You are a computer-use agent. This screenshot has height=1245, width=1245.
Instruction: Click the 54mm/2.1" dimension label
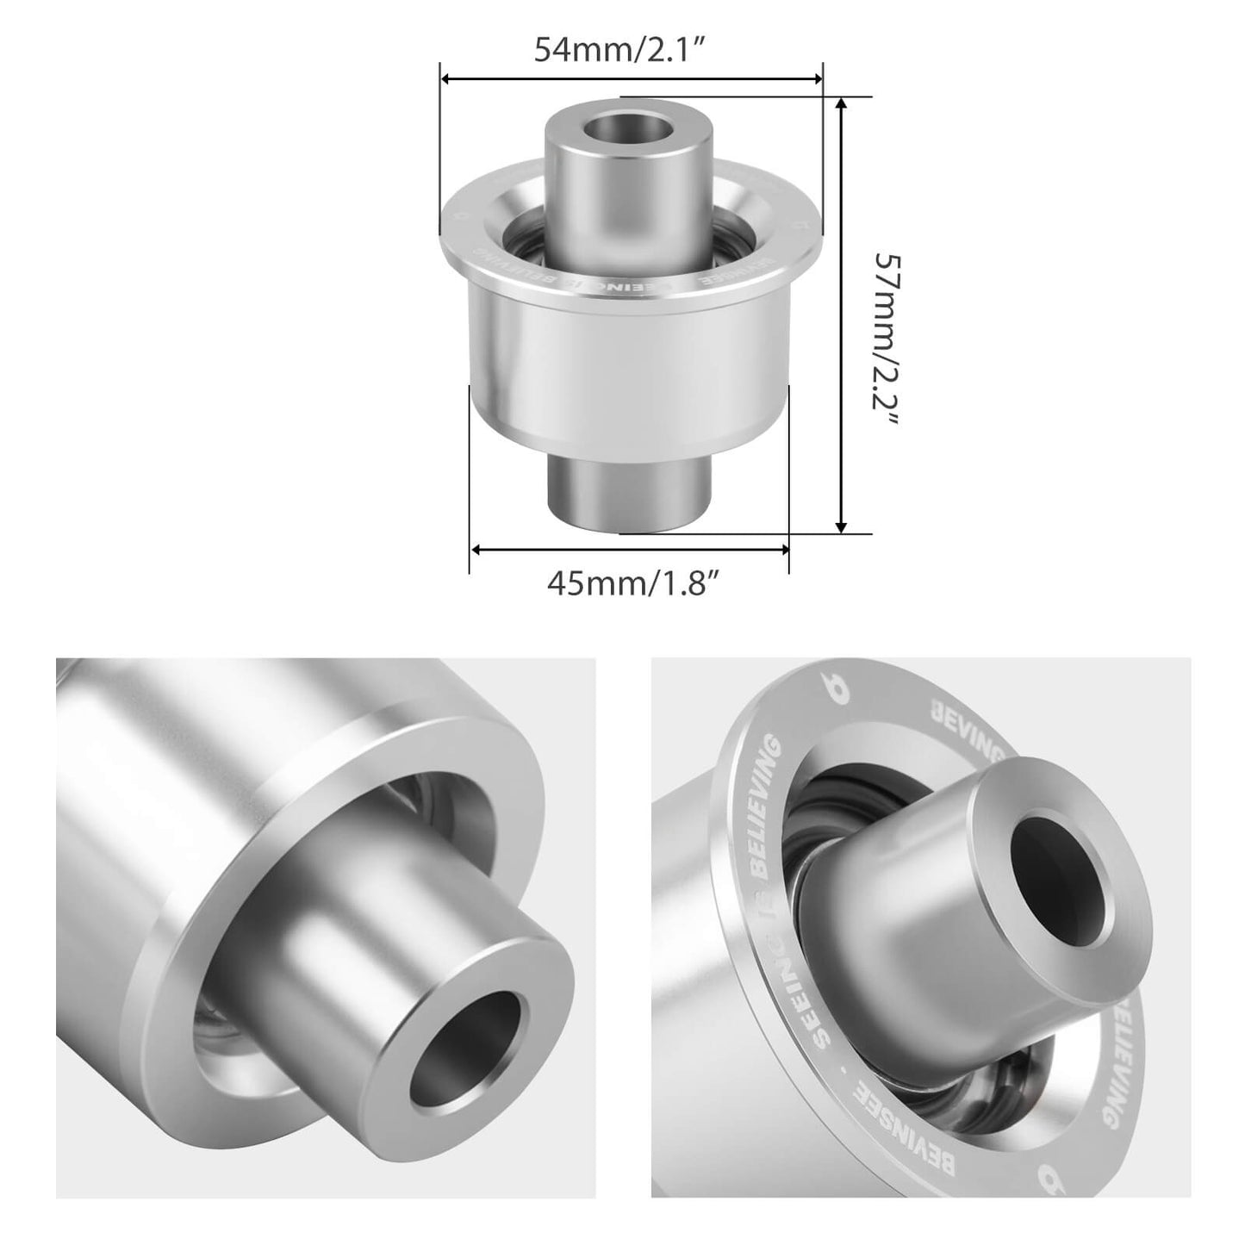620,50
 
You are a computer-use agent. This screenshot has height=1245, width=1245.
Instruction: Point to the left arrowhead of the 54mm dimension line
446,79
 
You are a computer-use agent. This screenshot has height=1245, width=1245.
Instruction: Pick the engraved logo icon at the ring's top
829,689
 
